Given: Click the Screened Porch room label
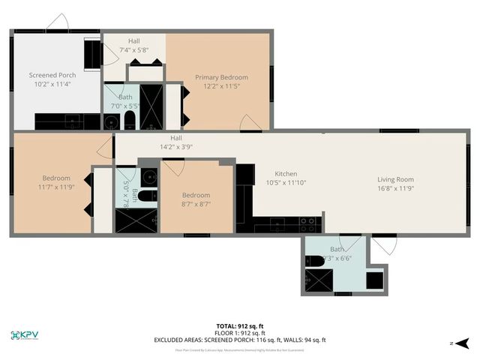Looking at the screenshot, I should click(x=52, y=75).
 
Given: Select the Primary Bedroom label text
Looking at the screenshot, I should click(x=221, y=77).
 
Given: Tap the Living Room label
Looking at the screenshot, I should click(x=395, y=179).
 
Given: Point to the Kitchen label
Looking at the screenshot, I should click(x=286, y=173).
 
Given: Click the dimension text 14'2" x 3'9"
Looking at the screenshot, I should click(x=176, y=147).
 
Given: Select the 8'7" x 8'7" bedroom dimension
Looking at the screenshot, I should click(x=196, y=203).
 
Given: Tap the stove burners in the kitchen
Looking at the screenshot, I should click(x=307, y=221).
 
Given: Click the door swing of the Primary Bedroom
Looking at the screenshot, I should click(x=250, y=124).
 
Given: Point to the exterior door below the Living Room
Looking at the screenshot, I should click(x=384, y=245).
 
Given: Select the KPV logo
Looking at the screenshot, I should click(x=27, y=335).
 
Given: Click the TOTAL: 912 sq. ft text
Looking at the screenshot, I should click(x=240, y=325).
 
